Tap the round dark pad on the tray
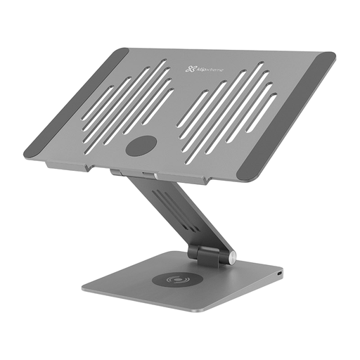coord(141,147)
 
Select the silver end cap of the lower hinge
coord(231,258)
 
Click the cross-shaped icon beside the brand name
coord(190,68)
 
